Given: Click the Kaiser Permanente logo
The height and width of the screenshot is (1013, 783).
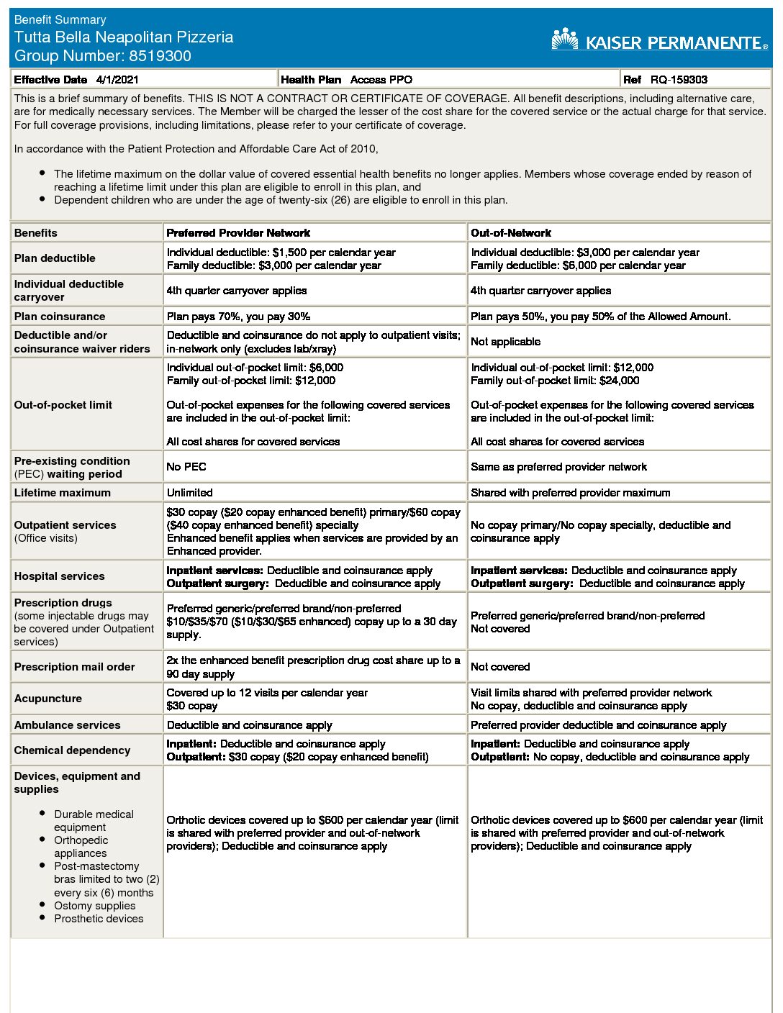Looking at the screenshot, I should tap(659, 41).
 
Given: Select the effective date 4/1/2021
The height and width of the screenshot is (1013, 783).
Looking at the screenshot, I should tap(117, 80).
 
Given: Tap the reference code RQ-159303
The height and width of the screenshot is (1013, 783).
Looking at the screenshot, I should tap(679, 80).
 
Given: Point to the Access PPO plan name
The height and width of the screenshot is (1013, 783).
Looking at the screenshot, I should tap(381, 80).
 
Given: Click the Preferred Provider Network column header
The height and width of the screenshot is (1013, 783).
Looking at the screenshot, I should tap(238, 233).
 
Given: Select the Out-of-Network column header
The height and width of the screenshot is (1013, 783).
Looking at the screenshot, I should tap(511, 233).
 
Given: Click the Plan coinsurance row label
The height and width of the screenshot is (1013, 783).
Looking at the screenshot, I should tap(60, 317).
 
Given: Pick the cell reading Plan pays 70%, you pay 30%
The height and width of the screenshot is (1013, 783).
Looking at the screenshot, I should tap(238, 317).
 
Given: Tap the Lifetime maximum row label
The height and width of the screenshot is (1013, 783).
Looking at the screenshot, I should tap(63, 493).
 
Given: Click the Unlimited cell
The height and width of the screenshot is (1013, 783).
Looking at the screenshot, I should tap(190, 493).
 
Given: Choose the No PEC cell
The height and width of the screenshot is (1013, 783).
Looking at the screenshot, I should tap(186, 467).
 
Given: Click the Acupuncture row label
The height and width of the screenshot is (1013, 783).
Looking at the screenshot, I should tap(48, 699).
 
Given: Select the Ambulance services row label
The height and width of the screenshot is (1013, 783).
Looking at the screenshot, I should tap(68, 725).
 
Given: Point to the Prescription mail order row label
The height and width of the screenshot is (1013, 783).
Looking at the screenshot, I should tap(75, 667).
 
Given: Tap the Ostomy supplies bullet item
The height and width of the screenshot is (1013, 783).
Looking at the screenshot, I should tap(94, 906).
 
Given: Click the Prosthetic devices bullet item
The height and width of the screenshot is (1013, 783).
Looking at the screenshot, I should tap(99, 919).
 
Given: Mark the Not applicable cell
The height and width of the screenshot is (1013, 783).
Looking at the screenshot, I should tap(505, 342).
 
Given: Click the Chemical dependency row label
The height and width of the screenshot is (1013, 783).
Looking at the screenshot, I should tap(72, 750).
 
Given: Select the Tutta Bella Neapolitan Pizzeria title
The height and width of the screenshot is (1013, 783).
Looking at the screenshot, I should tap(124, 37).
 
